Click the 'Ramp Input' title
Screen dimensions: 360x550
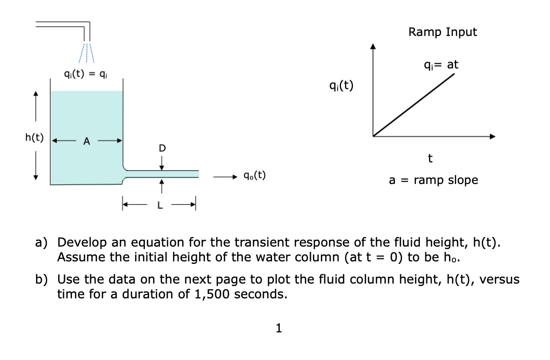coord(443,33)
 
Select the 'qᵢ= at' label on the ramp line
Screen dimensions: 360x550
coord(441,65)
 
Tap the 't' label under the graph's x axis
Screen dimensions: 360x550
coord(430,158)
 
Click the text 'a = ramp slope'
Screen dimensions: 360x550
coord(433,180)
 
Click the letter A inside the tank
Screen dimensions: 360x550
coord(87,142)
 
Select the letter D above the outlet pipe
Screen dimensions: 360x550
coord(162,147)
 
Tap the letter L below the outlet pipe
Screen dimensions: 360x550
coord(159,206)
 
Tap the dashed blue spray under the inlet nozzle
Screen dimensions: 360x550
coord(86,53)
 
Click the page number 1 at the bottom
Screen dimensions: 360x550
coord(279,328)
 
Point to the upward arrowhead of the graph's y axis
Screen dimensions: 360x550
coord(373,47)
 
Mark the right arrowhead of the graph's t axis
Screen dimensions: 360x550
coord(492,136)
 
